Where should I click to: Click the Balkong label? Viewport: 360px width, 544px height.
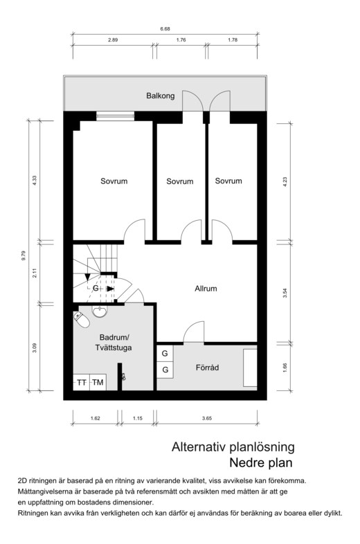[x=160, y=96]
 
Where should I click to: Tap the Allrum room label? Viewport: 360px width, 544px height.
[x=206, y=289]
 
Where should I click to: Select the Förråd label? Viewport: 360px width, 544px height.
[x=207, y=368]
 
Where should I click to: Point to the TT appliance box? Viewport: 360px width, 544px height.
[x=82, y=382]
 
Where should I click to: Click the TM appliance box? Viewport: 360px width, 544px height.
[x=98, y=382]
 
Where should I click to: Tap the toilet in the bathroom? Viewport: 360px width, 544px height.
[x=81, y=320]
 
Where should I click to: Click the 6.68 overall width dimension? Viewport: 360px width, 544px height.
[x=165, y=29]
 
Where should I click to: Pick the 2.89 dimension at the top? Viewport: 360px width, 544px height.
[x=112, y=40]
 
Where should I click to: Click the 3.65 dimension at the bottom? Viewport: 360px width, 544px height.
[x=207, y=418]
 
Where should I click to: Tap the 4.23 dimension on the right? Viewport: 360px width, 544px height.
[x=285, y=182]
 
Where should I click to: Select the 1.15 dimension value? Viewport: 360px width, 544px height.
[x=138, y=418]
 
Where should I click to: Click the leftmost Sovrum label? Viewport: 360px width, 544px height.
[x=114, y=181]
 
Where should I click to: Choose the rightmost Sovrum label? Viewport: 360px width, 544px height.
[x=228, y=181]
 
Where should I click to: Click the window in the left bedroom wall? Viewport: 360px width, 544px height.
[x=115, y=116]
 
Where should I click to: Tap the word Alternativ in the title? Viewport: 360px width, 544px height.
[x=199, y=447]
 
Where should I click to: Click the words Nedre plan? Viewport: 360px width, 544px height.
[x=261, y=462]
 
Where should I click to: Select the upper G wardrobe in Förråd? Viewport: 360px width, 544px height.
[x=165, y=354]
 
